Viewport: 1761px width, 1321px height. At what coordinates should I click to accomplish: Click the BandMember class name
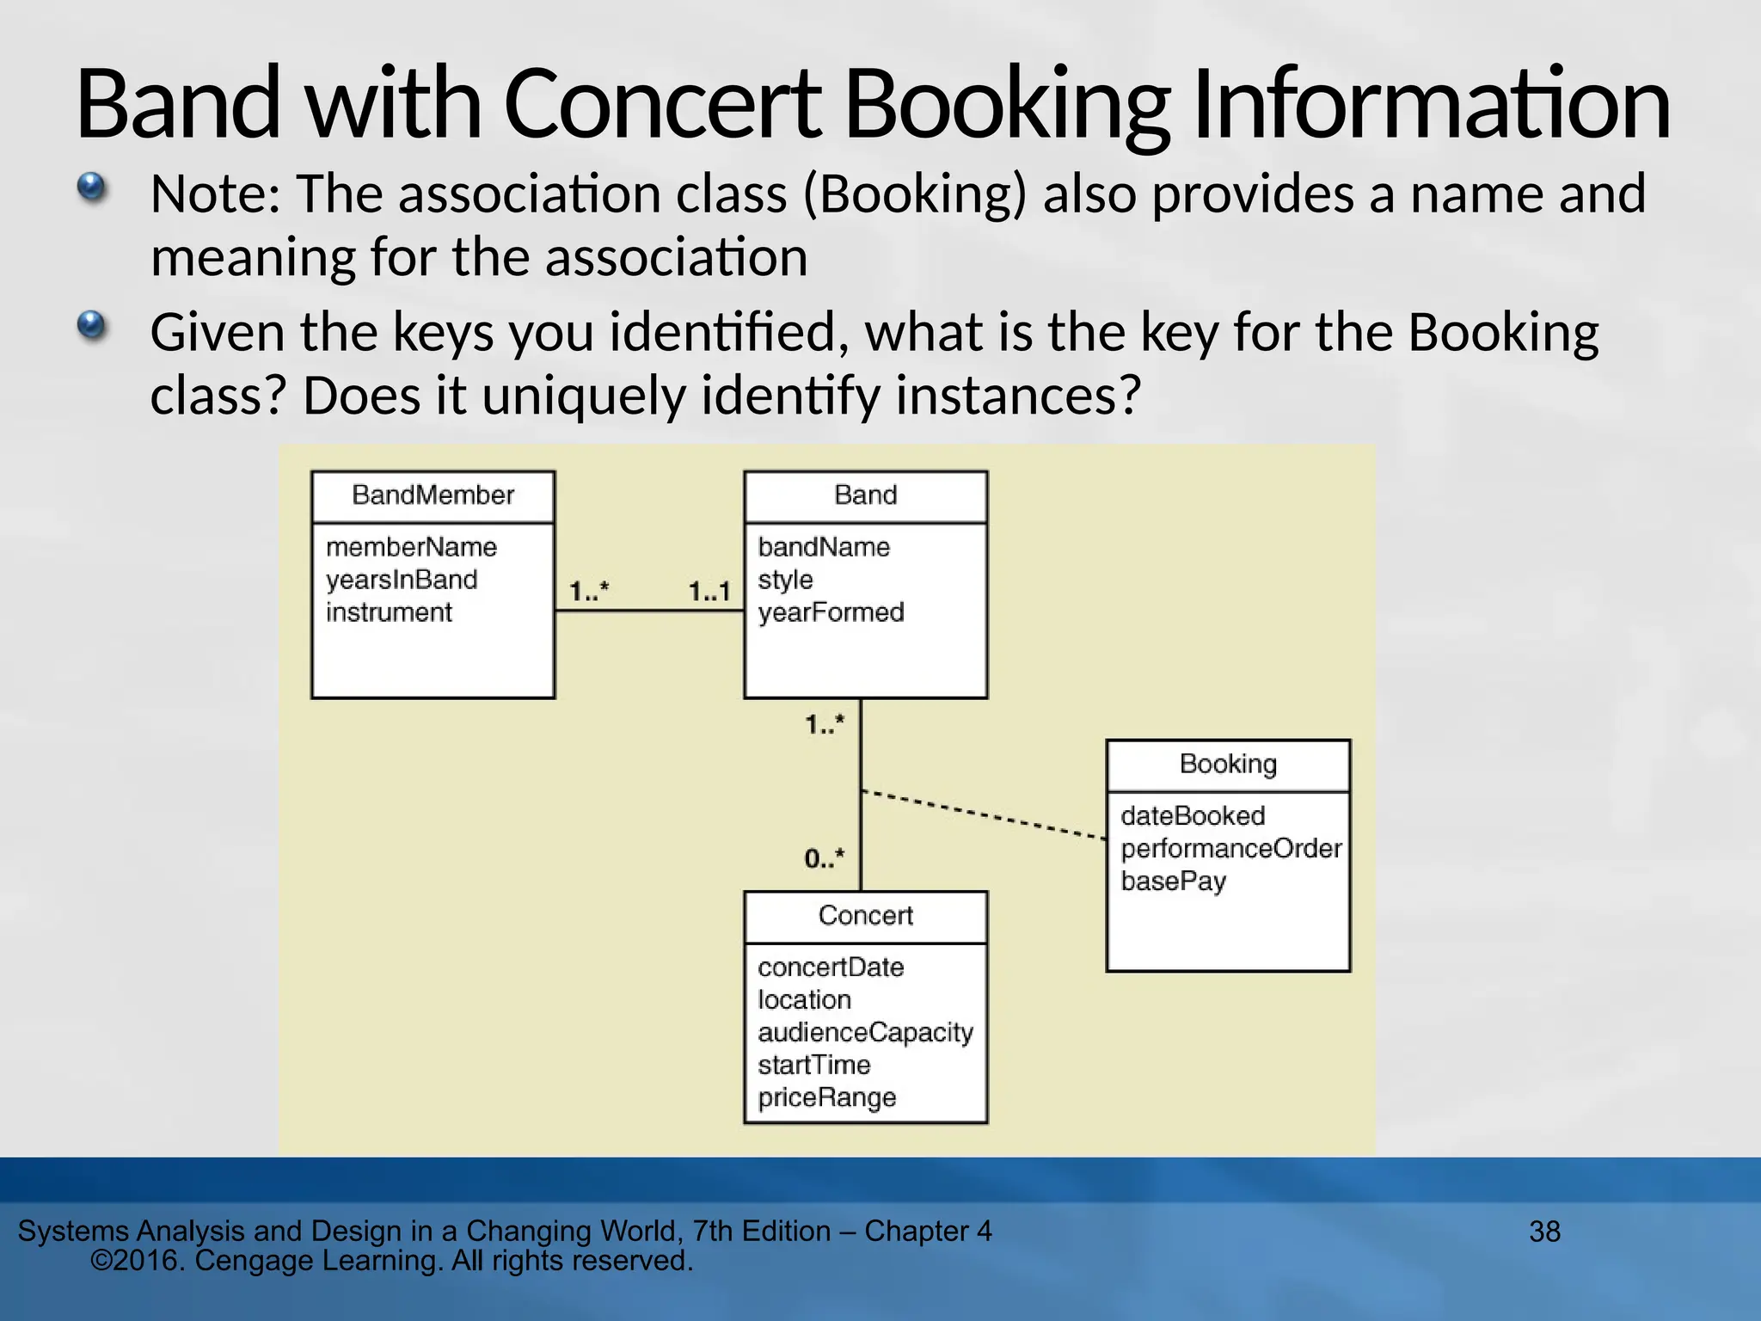[x=433, y=495]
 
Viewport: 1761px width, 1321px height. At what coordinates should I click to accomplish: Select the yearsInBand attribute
[x=401, y=580]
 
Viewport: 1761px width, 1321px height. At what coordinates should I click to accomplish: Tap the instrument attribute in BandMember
[x=389, y=612]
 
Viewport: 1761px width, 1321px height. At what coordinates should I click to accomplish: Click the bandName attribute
[x=824, y=547]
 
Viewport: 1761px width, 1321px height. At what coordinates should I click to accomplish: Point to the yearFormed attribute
[x=831, y=612]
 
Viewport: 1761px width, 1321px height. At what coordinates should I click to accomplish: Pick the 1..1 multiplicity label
[x=709, y=592]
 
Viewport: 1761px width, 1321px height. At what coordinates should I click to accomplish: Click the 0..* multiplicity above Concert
[x=825, y=858]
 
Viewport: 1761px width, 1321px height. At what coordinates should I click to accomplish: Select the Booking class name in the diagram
[x=1228, y=764]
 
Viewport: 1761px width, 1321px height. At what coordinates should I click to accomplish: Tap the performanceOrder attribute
[x=1230, y=849]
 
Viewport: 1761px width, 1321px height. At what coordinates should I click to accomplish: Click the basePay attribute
[x=1173, y=882]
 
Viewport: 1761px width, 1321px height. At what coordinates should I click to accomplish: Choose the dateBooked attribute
[x=1193, y=816]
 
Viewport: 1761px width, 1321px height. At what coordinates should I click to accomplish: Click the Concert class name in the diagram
[x=865, y=915]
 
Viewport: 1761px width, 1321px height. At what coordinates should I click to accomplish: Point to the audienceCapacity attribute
[x=865, y=1032]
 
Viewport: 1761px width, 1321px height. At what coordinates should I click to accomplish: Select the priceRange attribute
[x=826, y=1097]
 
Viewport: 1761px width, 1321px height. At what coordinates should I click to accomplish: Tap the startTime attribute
[x=813, y=1065]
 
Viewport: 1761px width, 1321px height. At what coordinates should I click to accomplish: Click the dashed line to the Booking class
[x=984, y=814]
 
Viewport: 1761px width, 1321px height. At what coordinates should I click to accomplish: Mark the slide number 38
[x=1544, y=1232]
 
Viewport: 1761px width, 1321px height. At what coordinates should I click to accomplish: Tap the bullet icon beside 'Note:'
[x=91, y=187]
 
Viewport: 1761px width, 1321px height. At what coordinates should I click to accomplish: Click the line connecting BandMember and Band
[x=649, y=611]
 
